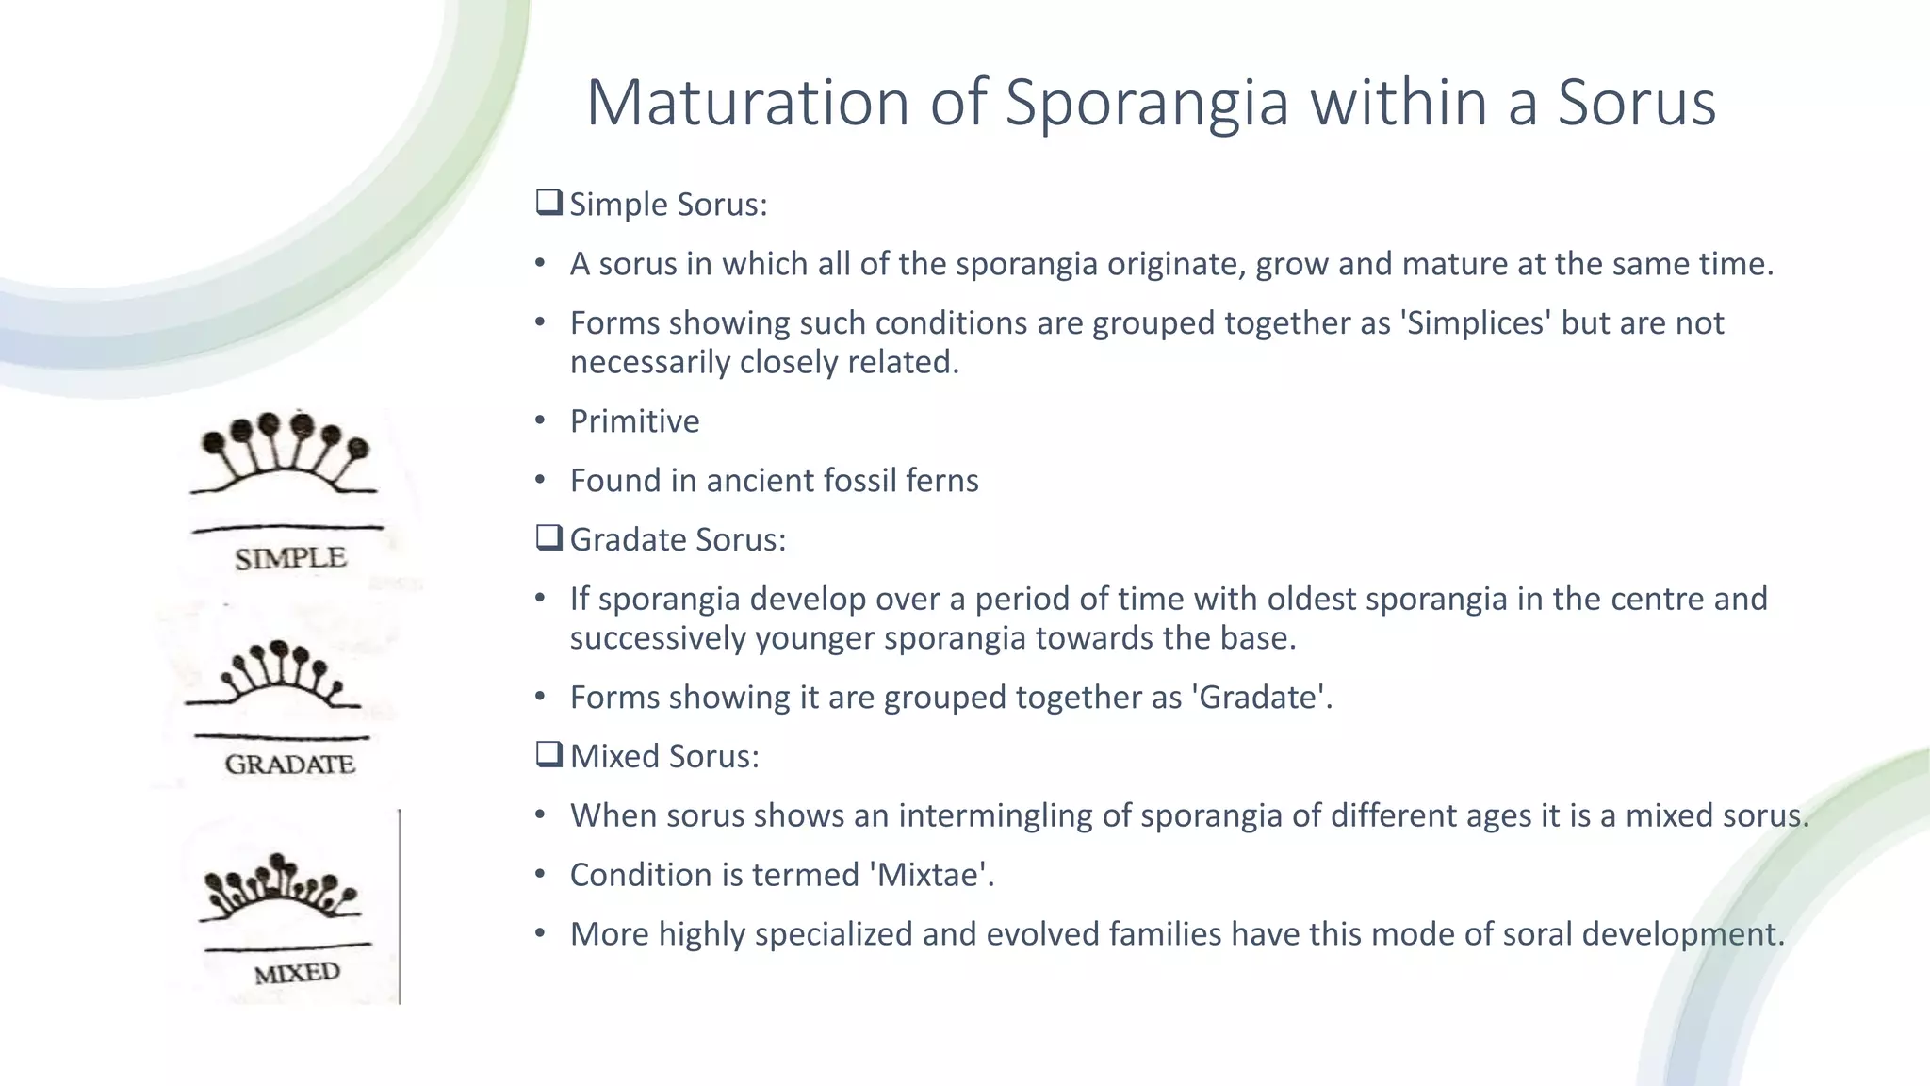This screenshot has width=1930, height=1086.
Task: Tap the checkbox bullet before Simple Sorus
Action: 548,203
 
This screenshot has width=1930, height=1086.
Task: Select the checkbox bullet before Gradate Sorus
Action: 548,538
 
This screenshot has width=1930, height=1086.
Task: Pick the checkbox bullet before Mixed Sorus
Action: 548,755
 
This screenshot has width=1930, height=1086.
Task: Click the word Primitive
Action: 634,421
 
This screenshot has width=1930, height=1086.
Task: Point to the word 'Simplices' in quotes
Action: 1476,322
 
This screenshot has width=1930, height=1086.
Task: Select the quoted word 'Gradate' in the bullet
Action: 1262,698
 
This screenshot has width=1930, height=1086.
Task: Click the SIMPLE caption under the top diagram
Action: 290,559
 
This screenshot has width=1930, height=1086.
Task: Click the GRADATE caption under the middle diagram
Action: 289,765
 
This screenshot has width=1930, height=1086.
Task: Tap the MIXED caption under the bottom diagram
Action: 297,973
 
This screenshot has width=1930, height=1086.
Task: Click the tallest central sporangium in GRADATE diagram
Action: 279,650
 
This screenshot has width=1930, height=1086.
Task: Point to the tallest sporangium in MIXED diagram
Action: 278,862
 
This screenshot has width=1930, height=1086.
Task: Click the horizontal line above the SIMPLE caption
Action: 287,528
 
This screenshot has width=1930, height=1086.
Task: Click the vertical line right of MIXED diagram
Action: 400,905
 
